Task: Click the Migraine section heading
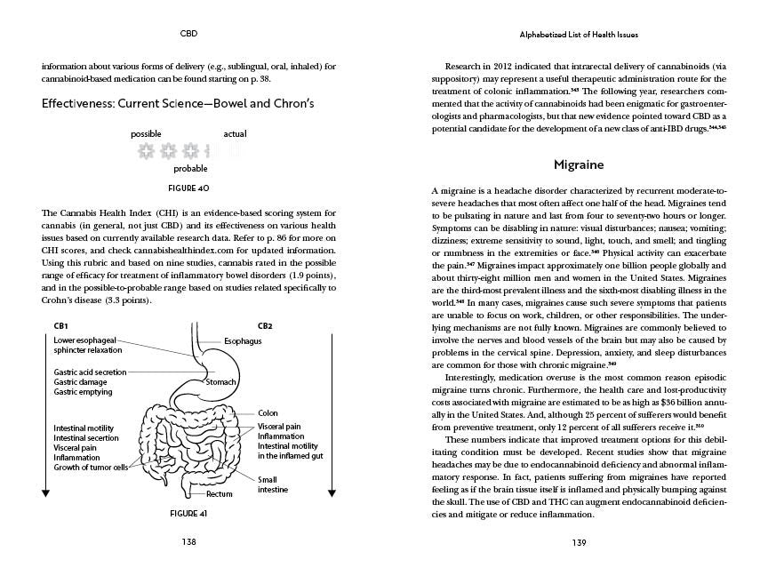click(579, 165)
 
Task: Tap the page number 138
click(188, 541)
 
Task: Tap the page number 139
click(579, 541)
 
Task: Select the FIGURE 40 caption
click(188, 188)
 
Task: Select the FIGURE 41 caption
click(188, 514)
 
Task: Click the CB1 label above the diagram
click(61, 326)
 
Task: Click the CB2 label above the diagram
click(265, 326)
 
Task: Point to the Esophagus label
click(242, 341)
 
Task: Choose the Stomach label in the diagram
click(220, 382)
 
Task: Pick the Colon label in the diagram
click(268, 413)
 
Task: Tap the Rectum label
click(220, 493)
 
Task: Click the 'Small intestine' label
click(268, 484)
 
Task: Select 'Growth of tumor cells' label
click(91, 468)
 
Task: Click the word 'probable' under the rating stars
click(190, 168)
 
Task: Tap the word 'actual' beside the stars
click(235, 134)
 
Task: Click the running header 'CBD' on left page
click(188, 35)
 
